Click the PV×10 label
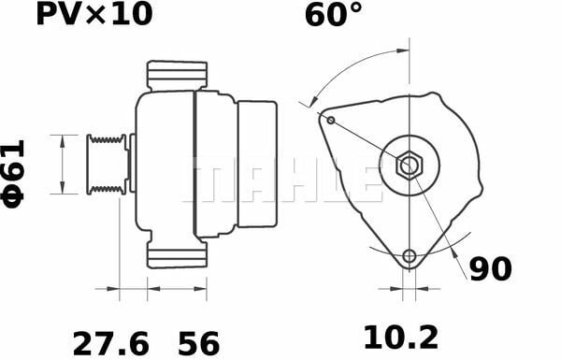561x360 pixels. [93, 15]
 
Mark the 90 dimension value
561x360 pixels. [490, 269]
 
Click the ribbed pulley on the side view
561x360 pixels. [107, 165]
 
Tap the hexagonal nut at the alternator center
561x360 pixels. [409, 166]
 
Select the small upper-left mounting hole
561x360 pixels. [331, 120]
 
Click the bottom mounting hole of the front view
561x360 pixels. [409, 257]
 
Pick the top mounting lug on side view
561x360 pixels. [177, 76]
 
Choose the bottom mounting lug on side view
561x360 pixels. [177, 253]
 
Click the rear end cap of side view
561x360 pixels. [257, 164]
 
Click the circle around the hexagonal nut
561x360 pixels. [409, 151]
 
